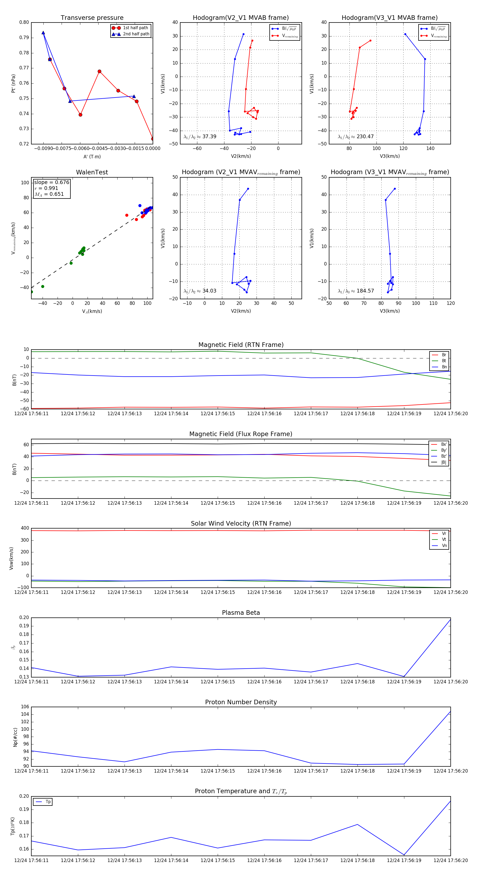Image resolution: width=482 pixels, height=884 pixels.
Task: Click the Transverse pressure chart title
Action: [92, 18]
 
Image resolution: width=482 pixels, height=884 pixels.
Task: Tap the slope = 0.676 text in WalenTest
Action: [51, 182]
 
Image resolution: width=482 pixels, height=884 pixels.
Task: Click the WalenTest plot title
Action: [92, 172]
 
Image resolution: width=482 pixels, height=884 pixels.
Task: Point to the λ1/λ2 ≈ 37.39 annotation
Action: [200, 137]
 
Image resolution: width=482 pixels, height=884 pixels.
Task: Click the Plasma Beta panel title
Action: [241, 613]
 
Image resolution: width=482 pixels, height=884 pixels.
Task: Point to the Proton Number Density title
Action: [241, 702]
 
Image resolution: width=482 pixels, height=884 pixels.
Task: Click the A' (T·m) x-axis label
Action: [92, 156]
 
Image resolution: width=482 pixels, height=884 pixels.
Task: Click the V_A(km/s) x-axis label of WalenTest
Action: [92, 311]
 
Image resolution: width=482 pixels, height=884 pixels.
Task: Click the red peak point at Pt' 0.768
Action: [100, 71]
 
